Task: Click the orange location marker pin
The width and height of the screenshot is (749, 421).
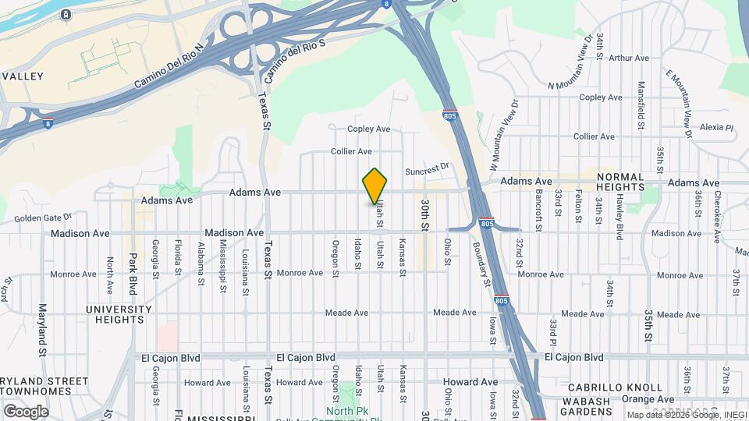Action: point(375,186)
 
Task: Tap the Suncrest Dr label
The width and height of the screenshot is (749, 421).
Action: point(428,166)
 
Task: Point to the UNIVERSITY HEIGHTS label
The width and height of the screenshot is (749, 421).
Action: point(115,314)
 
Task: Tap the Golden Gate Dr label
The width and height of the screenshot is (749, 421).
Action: point(42,218)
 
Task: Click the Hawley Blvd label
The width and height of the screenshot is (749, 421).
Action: point(619,216)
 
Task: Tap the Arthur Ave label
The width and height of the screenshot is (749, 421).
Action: point(629,58)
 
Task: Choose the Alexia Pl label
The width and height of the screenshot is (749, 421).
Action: point(717,127)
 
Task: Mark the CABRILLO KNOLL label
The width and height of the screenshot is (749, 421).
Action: point(616,387)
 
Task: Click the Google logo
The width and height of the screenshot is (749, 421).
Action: point(26,411)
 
